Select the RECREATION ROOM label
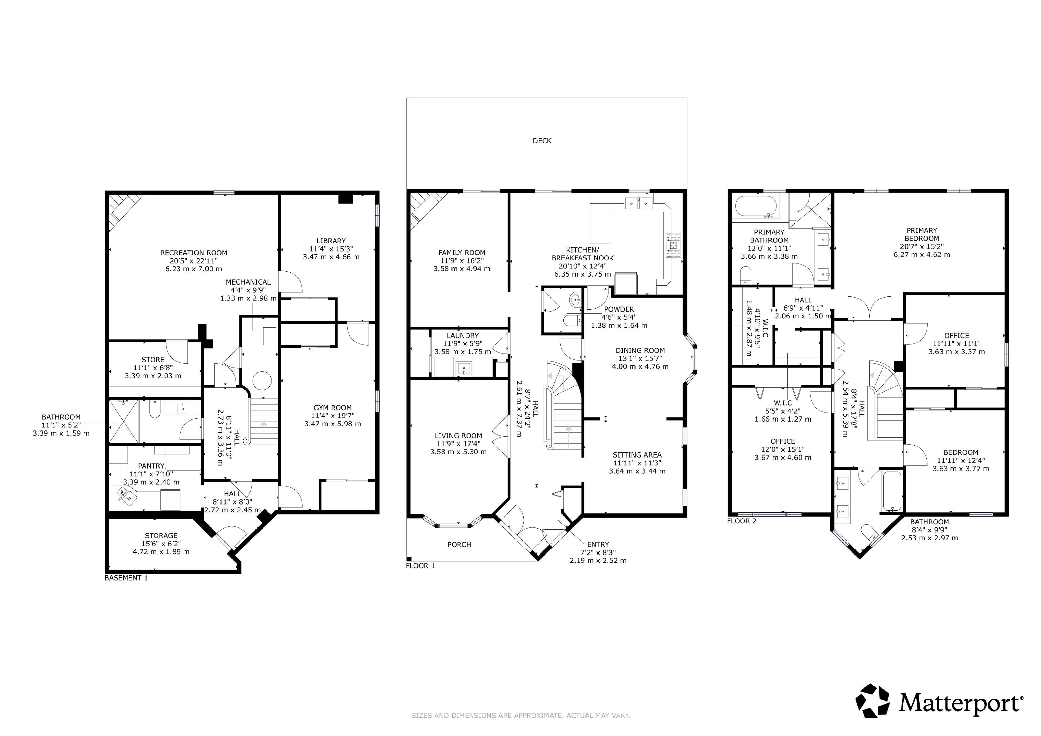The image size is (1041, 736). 194,253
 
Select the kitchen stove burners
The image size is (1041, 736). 673,246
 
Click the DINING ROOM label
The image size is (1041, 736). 640,350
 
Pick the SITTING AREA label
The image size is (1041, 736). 637,455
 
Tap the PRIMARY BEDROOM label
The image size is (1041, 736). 922,234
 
